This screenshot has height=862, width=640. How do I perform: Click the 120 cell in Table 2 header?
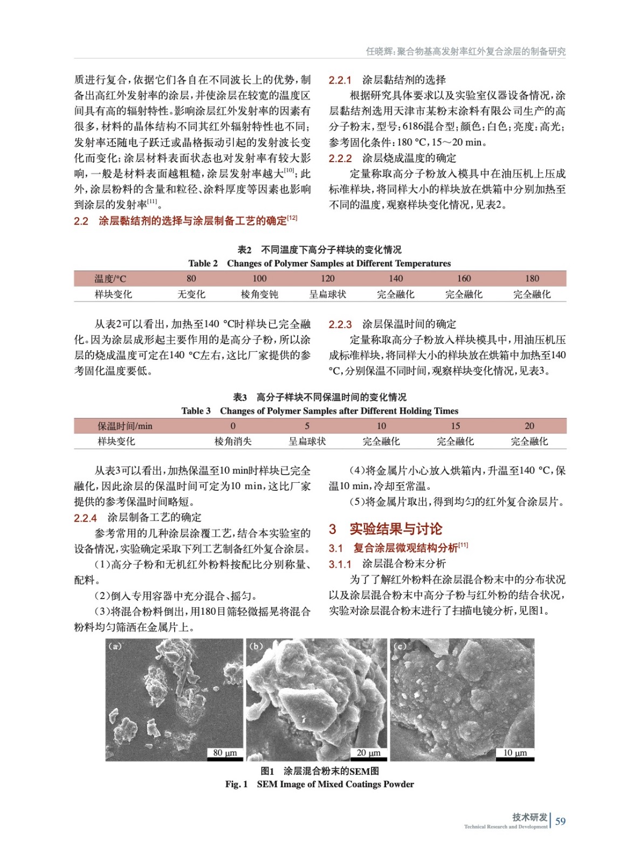(327, 279)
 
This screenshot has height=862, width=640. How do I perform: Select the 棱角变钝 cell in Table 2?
(259, 294)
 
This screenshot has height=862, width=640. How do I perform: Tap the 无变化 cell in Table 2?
(191, 294)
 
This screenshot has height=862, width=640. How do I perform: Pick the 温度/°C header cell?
(110, 279)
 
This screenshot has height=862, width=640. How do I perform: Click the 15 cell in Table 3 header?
(455, 426)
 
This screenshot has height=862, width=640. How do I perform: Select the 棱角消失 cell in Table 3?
(233, 441)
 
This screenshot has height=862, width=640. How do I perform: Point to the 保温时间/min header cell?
(125, 426)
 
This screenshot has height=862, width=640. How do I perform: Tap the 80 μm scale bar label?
(225, 753)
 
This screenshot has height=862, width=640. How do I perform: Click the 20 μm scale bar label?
(369, 753)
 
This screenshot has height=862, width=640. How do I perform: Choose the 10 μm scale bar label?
(515, 753)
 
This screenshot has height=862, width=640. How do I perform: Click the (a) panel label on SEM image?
(115, 646)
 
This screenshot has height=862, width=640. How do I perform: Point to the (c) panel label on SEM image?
(400, 646)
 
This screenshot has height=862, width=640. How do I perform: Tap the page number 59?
(560, 821)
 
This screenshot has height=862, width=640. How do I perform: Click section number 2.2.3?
(340, 324)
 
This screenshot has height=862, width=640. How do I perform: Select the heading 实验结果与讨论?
(396, 529)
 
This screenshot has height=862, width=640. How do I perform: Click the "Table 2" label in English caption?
(203, 263)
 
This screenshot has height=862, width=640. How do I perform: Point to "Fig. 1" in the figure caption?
(236, 784)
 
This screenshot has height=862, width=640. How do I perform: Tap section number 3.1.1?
(340, 564)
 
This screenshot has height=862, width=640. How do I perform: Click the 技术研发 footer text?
(529, 817)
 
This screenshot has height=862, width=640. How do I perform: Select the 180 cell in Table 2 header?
(532, 279)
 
